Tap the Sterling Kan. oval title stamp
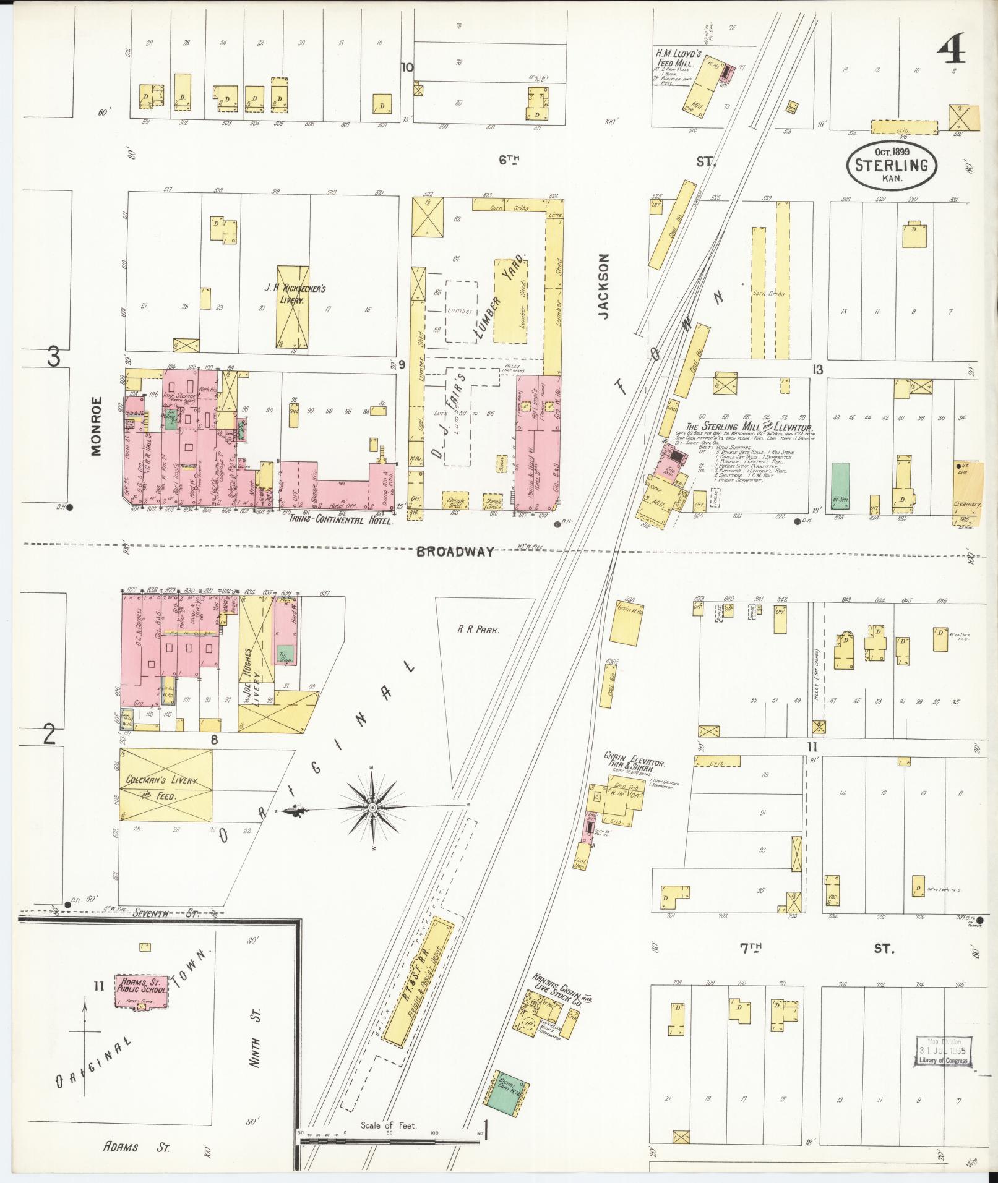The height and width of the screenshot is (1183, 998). [x=891, y=164]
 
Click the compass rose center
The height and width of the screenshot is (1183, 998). [x=373, y=808]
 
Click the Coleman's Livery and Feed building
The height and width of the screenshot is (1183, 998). [x=166, y=785]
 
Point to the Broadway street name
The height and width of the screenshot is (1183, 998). [x=455, y=552]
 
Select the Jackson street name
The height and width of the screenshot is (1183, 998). [x=604, y=286]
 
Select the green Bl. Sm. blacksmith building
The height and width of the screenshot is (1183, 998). [x=840, y=485]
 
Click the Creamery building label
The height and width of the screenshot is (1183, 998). [x=967, y=504]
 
